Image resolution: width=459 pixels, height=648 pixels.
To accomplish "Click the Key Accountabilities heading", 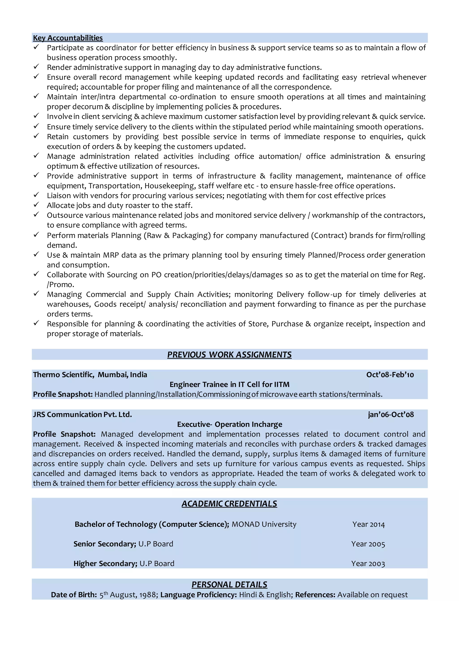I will pos(68,38).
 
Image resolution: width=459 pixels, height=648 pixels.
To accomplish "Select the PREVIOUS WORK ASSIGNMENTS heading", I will pos(229,354).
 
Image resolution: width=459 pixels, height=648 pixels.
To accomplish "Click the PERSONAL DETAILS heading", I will pos(229,584).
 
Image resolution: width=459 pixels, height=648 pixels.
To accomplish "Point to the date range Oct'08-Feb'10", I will pos(390,375).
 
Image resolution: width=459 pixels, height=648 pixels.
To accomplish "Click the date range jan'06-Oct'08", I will pos(391,414).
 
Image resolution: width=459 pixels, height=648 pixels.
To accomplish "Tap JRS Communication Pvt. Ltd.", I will pos(82,414).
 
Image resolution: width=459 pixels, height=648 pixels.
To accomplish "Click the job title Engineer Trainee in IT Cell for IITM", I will pos(229,384).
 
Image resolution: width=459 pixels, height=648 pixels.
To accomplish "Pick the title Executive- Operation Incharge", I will pos(229,424).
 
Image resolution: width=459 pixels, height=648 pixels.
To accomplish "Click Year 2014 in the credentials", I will pos(368,524).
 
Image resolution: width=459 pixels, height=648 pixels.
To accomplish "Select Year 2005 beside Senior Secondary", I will pos(368,544).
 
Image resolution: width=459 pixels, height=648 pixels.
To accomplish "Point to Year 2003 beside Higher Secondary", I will pos(368,564).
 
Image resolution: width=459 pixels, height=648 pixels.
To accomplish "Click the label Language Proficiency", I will pos(198,595).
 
